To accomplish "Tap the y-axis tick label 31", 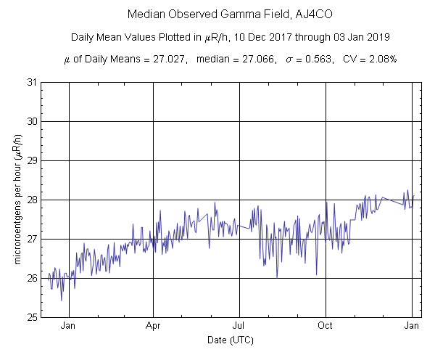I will (32, 82).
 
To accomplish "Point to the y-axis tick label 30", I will (32, 121).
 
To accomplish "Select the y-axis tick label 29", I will (32, 160).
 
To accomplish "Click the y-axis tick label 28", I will (32, 200).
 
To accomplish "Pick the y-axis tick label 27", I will (32, 239).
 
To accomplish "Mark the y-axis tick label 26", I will (32, 278).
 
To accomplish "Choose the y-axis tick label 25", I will (32, 317).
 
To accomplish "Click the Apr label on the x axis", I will (154, 326).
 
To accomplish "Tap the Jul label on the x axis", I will (239, 326).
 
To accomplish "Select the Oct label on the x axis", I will (326, 326).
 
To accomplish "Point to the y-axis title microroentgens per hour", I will (17, 200).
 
